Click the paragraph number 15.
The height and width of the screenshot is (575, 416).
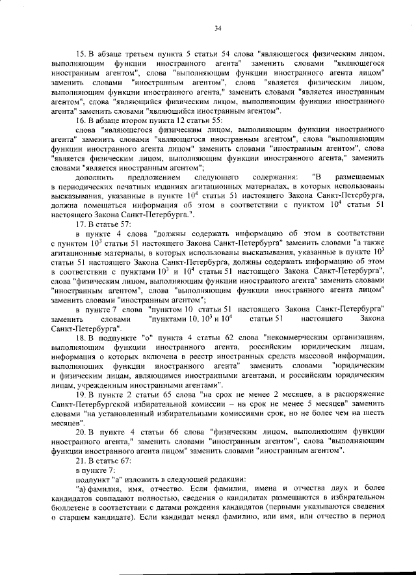coord(81,53)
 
